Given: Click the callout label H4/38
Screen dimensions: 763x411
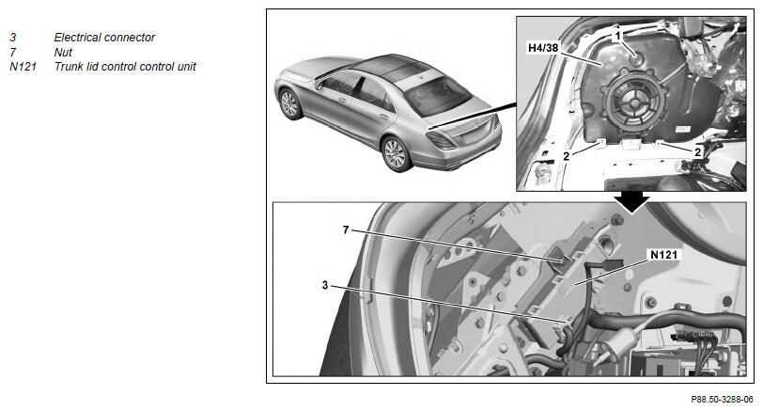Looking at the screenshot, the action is pos(543,48).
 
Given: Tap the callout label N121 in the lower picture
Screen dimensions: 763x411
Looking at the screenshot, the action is pos(663,255).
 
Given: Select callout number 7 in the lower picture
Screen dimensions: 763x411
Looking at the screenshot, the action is pos(346,229).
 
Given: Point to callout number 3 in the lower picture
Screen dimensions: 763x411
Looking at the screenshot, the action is pos(325,285).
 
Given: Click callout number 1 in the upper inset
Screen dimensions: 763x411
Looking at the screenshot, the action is pos(618,36).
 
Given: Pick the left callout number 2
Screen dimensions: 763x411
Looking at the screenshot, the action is pos(566,156).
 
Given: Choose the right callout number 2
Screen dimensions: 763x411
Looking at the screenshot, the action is pos(697,152).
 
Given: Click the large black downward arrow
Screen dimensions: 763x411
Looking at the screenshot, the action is pos(631,201).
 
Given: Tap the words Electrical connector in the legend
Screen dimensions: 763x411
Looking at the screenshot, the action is pos(104,38).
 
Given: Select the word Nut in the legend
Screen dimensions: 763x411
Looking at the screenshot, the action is pos(63,52).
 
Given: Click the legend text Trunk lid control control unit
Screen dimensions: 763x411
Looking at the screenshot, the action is pos(125,67).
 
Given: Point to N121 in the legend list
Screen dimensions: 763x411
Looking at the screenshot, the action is pos(23,67).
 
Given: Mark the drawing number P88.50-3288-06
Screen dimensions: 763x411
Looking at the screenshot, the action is pos(722,400).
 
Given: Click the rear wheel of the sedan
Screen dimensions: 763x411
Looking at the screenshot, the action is pos(395,154).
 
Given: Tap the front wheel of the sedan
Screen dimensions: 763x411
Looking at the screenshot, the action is pos(289,103).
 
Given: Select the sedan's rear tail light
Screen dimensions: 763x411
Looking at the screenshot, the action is pos(442,140).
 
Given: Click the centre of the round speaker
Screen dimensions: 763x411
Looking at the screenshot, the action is pos(633,103).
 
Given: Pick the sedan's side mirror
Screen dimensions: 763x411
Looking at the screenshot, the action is pos(319,86).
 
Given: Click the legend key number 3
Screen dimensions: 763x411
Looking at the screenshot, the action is pos(12,38).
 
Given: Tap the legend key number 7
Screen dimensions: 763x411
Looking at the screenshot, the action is pos(12,52).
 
